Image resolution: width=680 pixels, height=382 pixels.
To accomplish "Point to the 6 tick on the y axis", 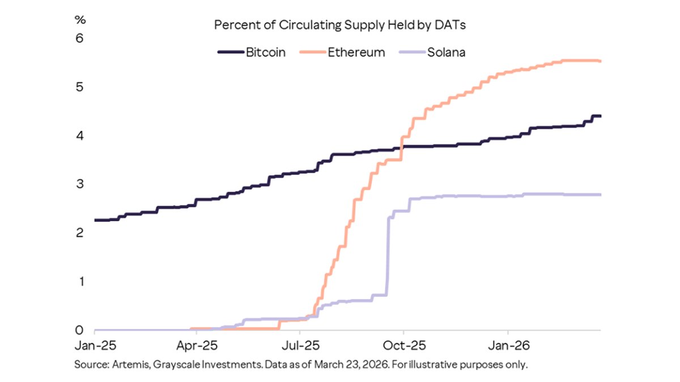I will coord(80,38).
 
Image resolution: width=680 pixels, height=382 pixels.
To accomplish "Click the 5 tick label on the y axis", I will coord(80,87).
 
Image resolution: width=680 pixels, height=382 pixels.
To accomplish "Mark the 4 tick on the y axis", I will coord(80,136).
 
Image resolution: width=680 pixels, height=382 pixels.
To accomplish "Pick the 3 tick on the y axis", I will coord(80,184).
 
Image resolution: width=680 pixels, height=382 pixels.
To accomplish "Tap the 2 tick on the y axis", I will coord(80,233).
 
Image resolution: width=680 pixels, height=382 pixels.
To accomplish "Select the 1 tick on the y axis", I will coord(80,282).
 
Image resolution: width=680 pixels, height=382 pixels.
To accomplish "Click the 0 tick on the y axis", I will coord(80,331).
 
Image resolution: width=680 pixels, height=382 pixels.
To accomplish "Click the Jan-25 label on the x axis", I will coord(95,345).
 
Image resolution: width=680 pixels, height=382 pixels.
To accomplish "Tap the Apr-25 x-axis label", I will coord(195,345).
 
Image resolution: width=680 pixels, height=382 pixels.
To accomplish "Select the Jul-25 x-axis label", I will coord(299,345).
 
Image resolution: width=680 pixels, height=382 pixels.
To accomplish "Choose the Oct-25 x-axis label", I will coord(402,345).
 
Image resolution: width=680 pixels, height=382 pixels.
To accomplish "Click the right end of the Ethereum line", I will coord(600,61).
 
